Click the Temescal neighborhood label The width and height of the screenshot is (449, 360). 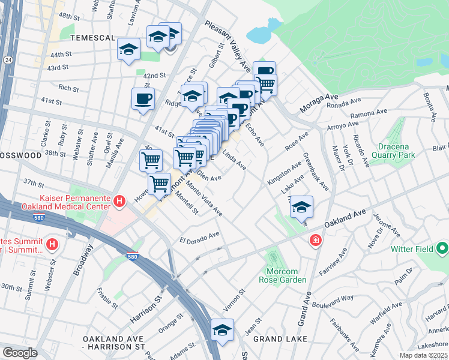tap(92, 37)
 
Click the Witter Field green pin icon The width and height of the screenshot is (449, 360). tap(442, 247)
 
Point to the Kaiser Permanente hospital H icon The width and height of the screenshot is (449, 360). tap(119, 201)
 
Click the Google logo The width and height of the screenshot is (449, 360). tap(20, 353)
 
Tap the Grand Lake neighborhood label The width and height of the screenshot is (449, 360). tap(280, 339)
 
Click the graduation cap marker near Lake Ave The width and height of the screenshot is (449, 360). tap(301, 208)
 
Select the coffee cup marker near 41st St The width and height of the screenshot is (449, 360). tap(143, 98)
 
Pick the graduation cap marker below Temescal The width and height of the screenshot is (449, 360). tap(128, 50)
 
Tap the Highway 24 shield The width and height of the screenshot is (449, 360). tap(7, 60)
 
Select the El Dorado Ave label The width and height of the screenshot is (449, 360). tap(200, 238)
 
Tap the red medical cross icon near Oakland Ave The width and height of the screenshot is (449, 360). tap(315, 241)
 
